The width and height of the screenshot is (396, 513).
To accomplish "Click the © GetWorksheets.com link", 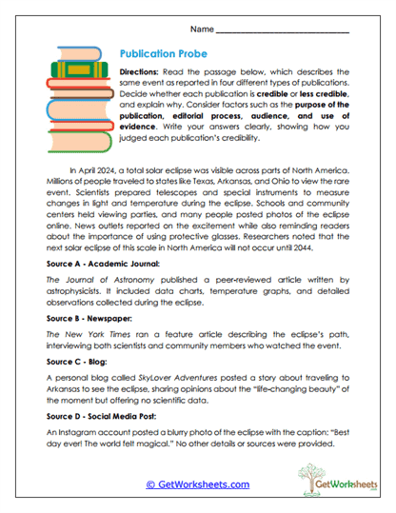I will (197, 483).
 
